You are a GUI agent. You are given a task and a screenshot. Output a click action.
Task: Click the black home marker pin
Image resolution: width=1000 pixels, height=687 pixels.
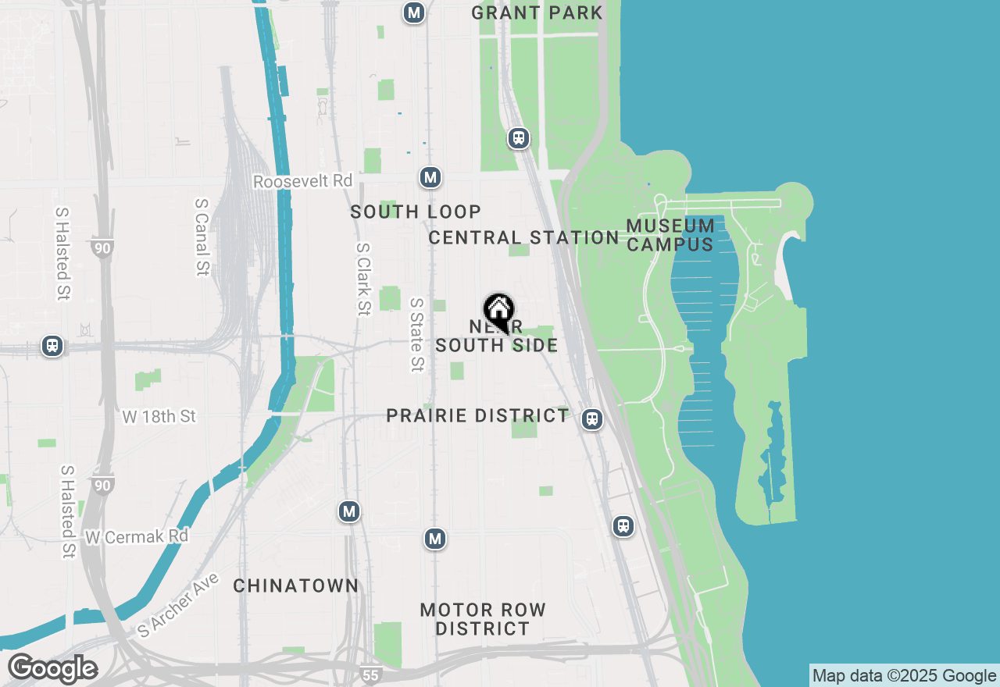point(498,312)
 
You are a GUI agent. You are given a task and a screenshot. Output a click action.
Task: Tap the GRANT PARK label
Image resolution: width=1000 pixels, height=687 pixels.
point(537,12)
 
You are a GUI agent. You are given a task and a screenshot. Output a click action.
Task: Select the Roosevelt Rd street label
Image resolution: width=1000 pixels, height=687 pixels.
point(303,181)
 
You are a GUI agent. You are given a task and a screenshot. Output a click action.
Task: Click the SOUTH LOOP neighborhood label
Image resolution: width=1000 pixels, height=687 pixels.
point(416,212)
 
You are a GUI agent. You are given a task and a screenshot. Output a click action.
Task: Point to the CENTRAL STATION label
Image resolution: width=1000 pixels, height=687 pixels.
point(523,237)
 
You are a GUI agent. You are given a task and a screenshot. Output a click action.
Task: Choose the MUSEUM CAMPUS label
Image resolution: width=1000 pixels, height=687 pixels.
point(670,235)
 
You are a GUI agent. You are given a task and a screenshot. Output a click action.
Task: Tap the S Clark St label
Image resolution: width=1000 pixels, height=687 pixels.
point(362,279)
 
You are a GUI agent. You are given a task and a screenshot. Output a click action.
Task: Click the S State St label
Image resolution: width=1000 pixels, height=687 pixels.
point(417,334)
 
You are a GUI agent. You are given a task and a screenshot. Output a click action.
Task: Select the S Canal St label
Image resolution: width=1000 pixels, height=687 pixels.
point(202,236)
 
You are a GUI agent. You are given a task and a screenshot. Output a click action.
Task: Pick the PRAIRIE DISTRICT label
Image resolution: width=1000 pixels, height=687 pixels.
point(477,415)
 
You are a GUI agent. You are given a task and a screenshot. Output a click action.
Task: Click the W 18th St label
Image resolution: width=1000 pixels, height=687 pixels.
point(159,416)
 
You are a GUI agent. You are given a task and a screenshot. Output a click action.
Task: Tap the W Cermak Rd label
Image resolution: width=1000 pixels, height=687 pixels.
point(137,537)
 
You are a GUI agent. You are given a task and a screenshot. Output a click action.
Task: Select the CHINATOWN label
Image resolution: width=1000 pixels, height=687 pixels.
point(296,586)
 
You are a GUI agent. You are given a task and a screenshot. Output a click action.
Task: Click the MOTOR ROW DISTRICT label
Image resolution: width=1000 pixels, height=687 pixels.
point(482,619)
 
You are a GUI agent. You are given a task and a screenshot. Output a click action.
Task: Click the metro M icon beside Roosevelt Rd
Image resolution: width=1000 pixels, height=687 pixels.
point(430,177)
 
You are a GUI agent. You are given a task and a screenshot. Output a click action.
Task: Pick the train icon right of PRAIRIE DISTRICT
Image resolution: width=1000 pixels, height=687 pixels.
point(593,419)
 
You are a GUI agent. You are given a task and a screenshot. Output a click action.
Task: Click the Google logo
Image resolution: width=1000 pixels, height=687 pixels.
point(52,669)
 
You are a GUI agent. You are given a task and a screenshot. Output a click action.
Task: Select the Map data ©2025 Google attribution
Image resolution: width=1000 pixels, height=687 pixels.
point(904,676)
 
